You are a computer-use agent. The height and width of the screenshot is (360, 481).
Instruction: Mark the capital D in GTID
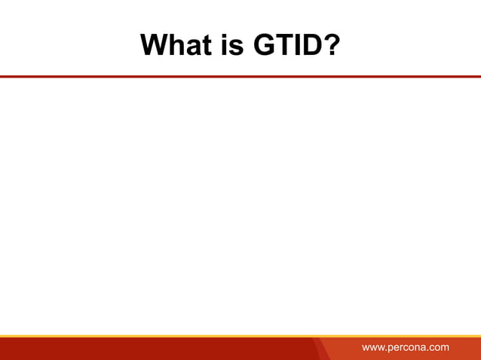pyautogui.click(x=310, y=46)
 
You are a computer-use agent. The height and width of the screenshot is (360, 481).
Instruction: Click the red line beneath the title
pyautogui.click(x=240, y=76)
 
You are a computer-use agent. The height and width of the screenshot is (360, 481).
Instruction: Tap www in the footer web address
pyautogui.click(x=373, y=348)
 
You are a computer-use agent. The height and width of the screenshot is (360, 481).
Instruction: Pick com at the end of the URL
pyautogui.click(x=440, y=348)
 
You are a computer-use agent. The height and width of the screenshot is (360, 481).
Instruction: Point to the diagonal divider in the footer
pyautogui.click(x=320, y=349)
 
